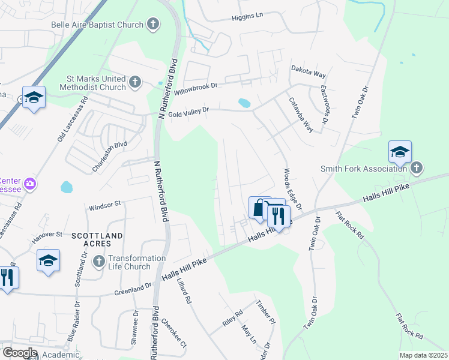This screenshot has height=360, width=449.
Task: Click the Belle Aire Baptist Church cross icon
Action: tap(154, 25)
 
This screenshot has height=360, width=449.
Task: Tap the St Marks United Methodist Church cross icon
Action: tap(135, 82)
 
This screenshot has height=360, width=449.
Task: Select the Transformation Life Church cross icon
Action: tap(99, 261)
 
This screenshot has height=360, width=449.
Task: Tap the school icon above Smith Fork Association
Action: tap(400, 152)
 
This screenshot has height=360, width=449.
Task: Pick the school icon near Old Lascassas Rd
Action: tap(34, 98)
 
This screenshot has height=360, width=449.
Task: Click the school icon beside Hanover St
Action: tap(48, 261)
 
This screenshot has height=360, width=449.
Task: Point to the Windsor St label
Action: tap(104, 206)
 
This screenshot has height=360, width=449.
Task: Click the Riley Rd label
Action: tap(232, 318)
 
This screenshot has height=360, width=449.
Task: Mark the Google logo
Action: tap(19, 353)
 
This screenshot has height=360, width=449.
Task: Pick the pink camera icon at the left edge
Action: tap(29, 183)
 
